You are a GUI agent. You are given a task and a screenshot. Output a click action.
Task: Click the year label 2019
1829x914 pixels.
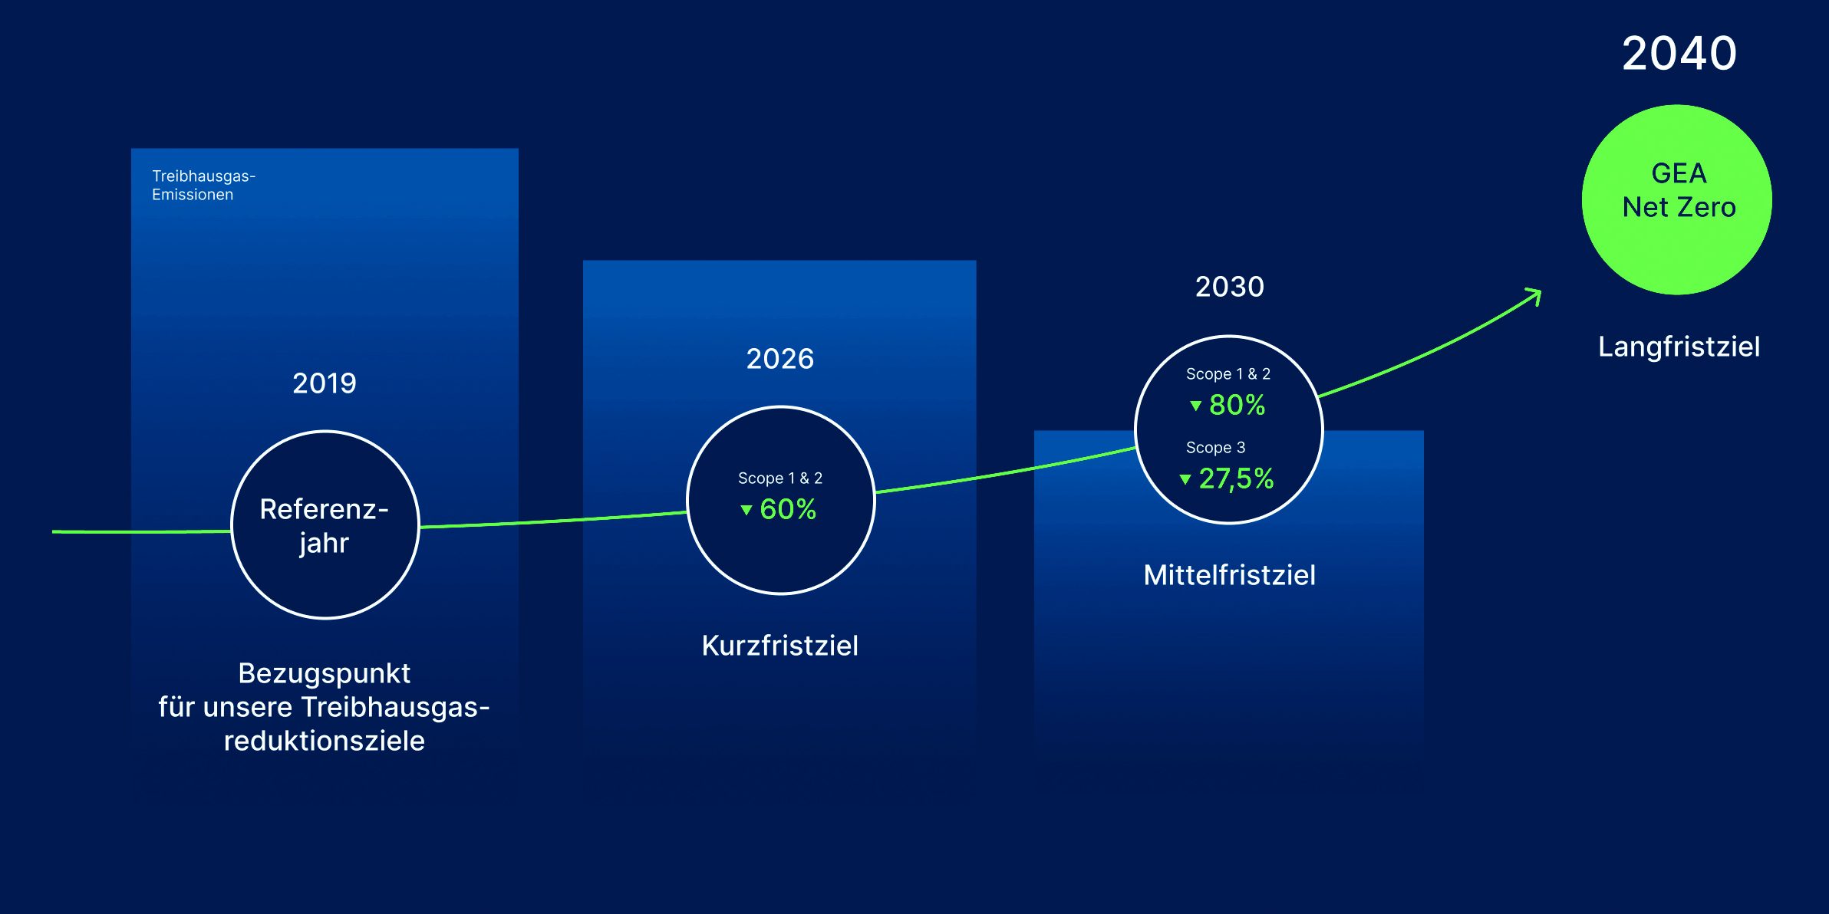coord(325,383)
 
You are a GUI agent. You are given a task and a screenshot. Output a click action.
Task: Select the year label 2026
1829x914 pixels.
coord(780,359)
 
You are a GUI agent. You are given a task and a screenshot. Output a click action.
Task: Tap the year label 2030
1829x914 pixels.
coord(1230,287)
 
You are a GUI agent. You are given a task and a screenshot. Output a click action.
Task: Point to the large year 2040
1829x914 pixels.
coord(1679,54)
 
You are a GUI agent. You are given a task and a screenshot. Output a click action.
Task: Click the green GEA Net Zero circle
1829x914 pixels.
coord(1677,199)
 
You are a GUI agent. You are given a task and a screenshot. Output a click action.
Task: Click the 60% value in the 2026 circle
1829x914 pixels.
coord(788,509)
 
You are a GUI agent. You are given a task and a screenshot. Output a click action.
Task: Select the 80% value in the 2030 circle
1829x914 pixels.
coord(1237,405)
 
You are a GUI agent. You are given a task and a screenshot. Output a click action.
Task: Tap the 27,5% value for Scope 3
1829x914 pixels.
coord(1236,479)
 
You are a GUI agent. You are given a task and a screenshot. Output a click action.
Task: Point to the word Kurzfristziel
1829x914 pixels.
coord(780,646)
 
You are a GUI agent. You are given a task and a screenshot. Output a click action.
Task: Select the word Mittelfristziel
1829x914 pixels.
coord(1230,575)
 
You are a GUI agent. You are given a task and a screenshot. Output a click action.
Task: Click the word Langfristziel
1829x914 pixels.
coord(1679,347)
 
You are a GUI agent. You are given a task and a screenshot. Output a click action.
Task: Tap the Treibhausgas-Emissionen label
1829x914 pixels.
coord(203,186)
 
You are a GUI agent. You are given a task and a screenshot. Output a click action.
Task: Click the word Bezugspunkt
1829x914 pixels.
coord(325,674)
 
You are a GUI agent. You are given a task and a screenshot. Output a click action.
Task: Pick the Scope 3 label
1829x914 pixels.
coord(1215,448)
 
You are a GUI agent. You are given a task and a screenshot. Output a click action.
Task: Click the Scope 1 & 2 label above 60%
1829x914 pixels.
coord(780,478)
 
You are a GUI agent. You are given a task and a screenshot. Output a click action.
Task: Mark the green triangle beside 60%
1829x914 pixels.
coord(746,510)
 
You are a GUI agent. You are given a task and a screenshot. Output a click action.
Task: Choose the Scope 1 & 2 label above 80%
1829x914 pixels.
coord(1228,374)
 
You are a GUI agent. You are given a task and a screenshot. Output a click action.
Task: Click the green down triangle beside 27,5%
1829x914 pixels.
coord(1185,480)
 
